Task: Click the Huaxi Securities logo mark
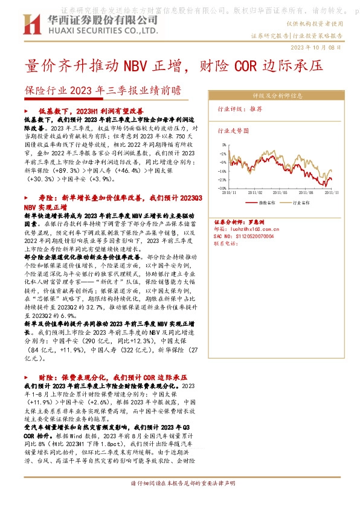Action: (x=31, y=24)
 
